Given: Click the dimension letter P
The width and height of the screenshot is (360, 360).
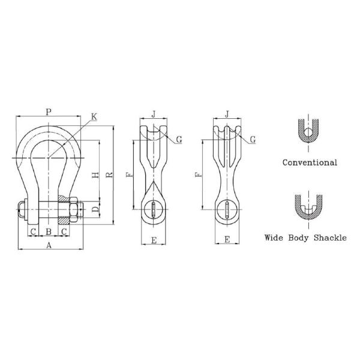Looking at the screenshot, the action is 48,112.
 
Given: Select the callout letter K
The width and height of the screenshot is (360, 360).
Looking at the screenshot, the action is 94,116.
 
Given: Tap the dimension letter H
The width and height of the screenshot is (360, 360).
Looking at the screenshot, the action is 95,175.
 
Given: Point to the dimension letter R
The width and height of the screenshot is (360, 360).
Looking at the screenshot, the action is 110,175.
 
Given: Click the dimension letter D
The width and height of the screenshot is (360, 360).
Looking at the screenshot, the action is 95,209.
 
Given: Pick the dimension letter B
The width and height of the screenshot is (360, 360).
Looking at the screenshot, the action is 49,232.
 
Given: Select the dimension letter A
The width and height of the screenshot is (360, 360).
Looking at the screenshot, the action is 49,245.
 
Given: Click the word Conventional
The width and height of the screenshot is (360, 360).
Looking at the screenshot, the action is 310,163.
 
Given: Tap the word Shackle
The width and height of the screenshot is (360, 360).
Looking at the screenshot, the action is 330,238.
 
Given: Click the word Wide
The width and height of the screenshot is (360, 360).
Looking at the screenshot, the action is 274,238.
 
